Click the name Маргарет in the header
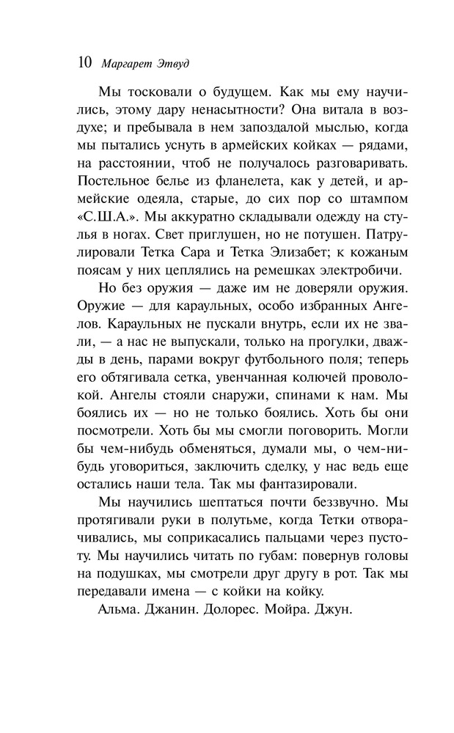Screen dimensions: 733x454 click(124, 63)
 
